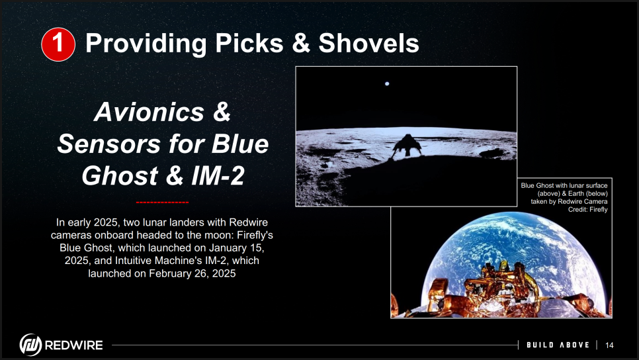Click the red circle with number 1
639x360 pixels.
click(58, 44)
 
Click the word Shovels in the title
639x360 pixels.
click(369, 43)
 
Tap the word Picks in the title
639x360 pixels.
click(249, 43)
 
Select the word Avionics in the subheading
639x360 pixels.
click(149, 112)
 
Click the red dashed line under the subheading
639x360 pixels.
click(162, 202)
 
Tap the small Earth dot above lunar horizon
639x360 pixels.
click(387, 83)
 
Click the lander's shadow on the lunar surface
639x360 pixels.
click(407, 146)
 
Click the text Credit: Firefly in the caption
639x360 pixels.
click(587, 210)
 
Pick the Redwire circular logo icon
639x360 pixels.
click(30, 345)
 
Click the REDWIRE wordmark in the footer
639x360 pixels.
click(74, 345)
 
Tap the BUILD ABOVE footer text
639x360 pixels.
click(558, 345)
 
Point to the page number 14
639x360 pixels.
click(609, 345)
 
